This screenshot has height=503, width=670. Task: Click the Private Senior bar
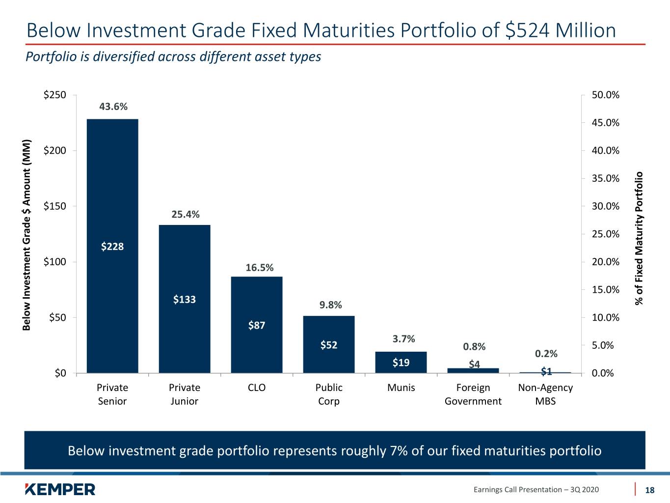[x=112, y=246]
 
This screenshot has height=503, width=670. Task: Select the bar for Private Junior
[x=185, y=299]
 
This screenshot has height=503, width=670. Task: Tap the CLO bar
[x=256, y=325]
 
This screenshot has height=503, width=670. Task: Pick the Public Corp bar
[x=329, y=344]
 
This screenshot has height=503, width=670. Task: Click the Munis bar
[x=401, y=362]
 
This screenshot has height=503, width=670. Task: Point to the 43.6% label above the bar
[x=113, y=107]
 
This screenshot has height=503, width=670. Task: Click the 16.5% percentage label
[x=260, y=268]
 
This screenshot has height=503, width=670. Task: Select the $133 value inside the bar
[x=185, y=299]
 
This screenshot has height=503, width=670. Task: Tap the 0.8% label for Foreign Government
[x=474, y=346]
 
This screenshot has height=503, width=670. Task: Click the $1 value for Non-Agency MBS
[x=546, y=371]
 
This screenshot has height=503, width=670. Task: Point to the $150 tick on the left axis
[x=54, y=206]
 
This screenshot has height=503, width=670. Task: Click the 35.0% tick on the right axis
[x=606, y=178]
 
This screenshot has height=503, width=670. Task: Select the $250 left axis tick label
[x=54, y=95]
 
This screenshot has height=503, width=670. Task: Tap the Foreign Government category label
[x=473, y=394]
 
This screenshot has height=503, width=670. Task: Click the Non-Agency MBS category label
[x=545, y=394]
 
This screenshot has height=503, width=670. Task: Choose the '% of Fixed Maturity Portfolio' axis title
[x=639, y=239]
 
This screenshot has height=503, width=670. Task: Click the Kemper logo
[x=60, y=489]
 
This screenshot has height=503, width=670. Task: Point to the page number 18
[x=650, y=490]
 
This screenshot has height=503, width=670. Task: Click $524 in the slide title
[x=527, y=30]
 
